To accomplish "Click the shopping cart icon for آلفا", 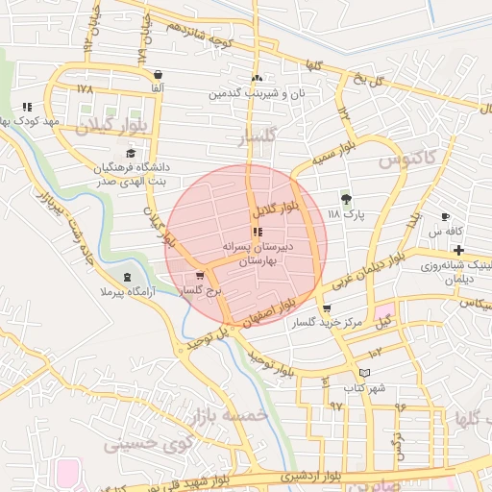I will [x=157, y=74].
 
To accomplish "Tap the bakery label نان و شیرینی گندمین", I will [x=257, y=93].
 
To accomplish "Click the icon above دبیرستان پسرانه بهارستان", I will [x=257, y=232].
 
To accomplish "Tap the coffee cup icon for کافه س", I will [x=445, y=217].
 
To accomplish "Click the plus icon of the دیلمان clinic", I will [x=459, y=250].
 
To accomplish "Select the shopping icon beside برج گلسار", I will [x=199, y=276].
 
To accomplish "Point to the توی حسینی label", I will [x=140, y=445].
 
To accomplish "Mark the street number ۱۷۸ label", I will [x=84, y=88].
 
